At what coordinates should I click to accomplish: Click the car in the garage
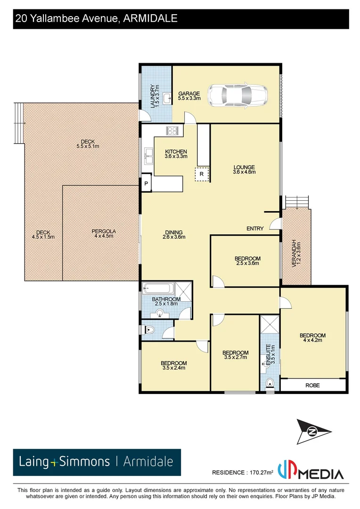click(x=238, y=96)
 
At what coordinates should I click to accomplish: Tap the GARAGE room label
click(x=189, y=96)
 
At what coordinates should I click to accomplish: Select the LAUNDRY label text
click(x=154, y=96)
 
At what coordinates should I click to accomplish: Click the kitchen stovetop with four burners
click(x=172, y=131)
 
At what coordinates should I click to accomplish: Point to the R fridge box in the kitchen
click(x=202, y=174)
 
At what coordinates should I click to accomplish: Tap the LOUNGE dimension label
click(x=244, y=170)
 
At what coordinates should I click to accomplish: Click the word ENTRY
click(x=255, y=229)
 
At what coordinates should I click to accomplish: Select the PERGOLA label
click(x=104, y=234)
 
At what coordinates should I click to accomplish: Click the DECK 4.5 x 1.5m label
click(x=43, y=234)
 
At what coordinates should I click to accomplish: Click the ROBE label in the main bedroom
click(x=312, y=385)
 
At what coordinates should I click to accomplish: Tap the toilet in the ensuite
click(x=270, y=383)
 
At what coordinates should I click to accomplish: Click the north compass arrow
click(x=312, y=431)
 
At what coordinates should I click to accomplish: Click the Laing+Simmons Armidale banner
click(x=97, y=462)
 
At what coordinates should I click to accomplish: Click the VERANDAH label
click(x=295, y=254)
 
